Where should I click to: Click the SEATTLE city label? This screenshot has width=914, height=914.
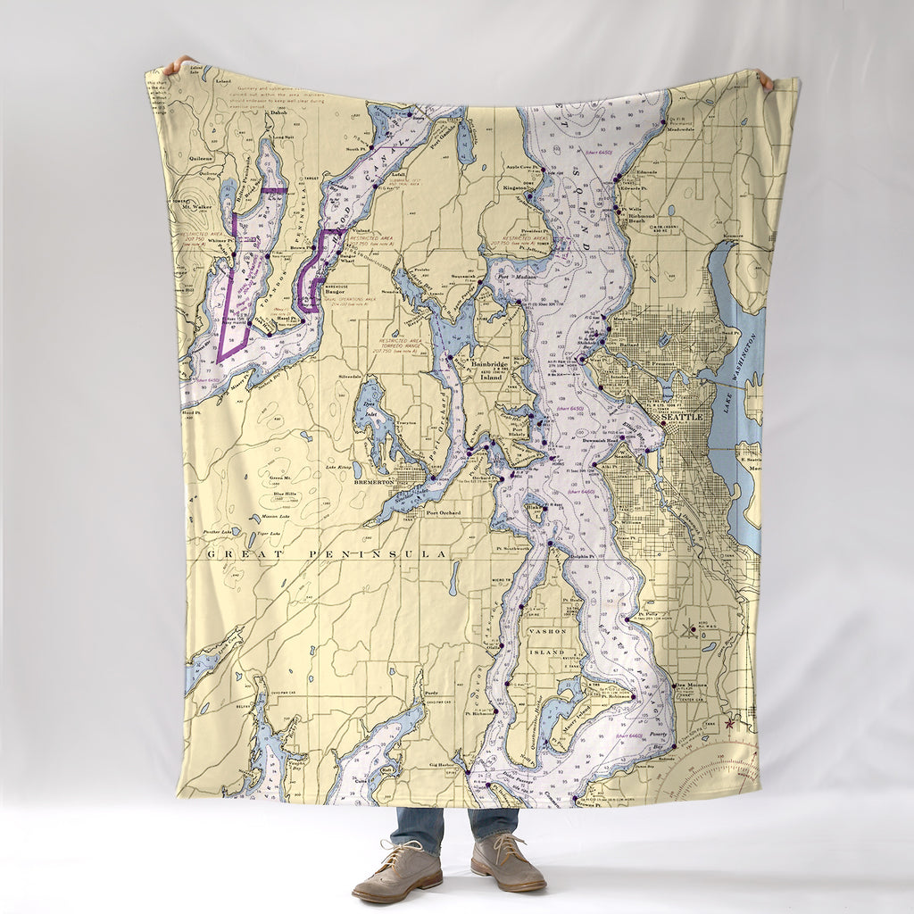(x=681, y=417)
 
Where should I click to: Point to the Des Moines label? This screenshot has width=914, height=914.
(x=689, y=685)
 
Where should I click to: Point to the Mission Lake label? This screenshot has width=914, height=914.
(x=275, y=516)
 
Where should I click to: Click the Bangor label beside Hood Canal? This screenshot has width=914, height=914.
(x=335, y=291)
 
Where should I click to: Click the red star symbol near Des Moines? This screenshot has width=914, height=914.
(x=730, y=720)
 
